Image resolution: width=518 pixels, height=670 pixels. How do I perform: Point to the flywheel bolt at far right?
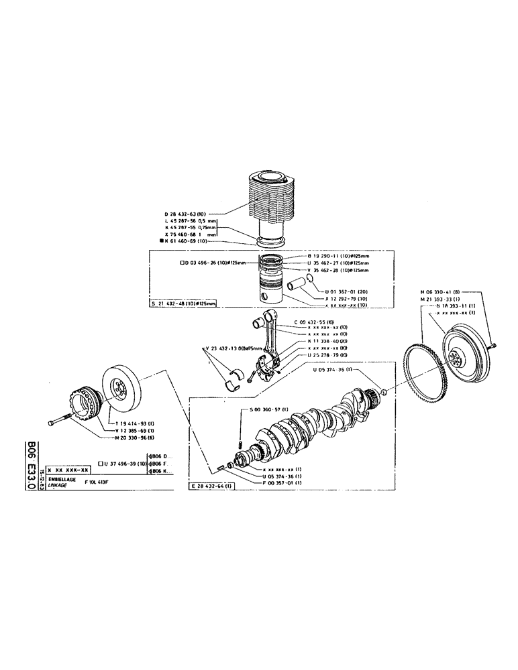point(493,343)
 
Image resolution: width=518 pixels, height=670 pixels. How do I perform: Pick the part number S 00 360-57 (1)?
point(268,409)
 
